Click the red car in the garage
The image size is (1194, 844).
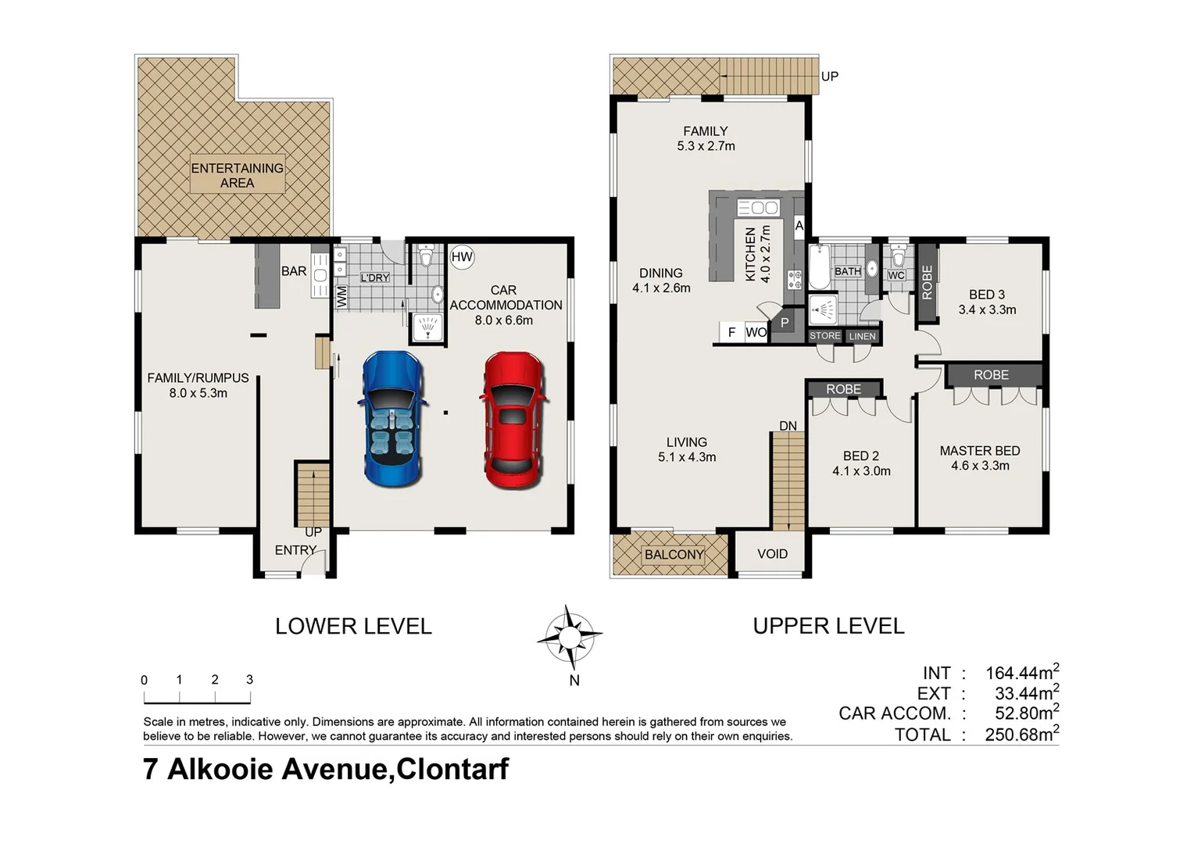click(x=513, y=420)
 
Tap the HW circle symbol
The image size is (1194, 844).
click(x=462, y=257)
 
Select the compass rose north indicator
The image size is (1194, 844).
click(x=570, y=637)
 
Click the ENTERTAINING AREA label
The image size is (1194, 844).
click(x=238, y=175)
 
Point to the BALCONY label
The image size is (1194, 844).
click(x=674, y=555)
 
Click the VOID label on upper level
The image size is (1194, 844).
click(x=772, y=554)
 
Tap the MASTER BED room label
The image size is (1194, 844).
click(x=979, y=458)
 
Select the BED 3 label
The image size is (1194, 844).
click(x=986, y=302)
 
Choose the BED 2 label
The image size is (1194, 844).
click(x=860, y=463)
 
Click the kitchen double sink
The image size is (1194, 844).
click(x=758, y=208)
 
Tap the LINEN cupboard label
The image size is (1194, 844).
click(x=862, y=337)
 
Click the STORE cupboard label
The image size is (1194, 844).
click(x=824, y=336)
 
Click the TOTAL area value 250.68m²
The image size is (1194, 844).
click(x=1021, y=735)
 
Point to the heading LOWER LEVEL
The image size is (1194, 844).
click(x=353, y=626)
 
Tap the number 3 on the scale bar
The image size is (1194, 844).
click(x=249, y=680)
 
